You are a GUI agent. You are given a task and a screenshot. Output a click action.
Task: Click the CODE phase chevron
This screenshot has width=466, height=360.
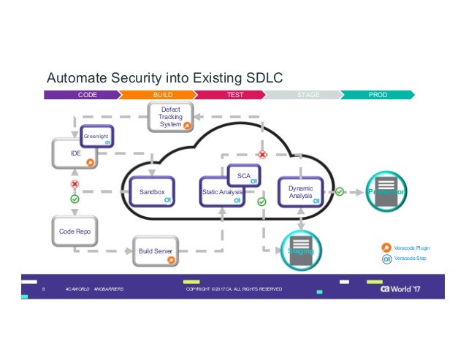(83, 94)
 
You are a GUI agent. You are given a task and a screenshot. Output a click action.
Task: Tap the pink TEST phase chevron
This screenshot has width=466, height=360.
(234, 94)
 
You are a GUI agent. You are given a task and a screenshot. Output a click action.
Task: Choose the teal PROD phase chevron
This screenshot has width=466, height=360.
(378, 94)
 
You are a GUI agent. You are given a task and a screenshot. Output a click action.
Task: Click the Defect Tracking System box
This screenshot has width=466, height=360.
(171, 118)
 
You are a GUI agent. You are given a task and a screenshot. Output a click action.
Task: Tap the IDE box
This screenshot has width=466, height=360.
(74, 154)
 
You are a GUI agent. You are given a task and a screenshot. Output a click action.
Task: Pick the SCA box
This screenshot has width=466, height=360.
(243, 176)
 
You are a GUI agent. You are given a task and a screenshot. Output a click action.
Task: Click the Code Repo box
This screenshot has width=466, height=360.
(74, 231)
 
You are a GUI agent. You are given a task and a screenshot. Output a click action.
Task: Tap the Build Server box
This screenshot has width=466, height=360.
(155, 251)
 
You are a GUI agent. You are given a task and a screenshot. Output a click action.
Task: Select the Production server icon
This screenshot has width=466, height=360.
(385, 191)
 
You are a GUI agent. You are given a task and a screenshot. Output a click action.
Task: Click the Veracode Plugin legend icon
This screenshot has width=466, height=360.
(387, 248)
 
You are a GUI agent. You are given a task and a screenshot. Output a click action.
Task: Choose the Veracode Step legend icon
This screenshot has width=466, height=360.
(387, 259)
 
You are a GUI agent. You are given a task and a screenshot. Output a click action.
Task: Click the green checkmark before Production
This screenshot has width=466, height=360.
(340, 191)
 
